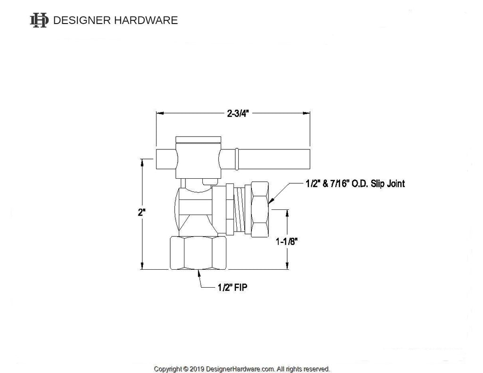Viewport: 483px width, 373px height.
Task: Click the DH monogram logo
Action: tap(39, 20)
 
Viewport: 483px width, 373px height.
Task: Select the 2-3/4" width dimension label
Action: tap(238, 114)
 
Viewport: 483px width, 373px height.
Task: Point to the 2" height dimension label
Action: tap(141, 213)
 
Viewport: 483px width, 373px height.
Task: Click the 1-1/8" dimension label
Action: tap(287, 241)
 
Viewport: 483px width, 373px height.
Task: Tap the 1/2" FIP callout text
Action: tap(232, 288)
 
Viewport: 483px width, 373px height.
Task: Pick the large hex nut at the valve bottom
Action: tap(199, 253)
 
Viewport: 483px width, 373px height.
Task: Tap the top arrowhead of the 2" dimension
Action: tap(141, 162)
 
